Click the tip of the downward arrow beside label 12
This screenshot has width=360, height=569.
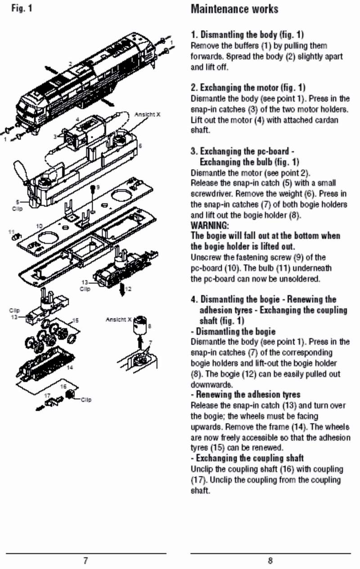[x=122, y=296]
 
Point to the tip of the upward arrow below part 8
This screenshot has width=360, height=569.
[x=139, y=336]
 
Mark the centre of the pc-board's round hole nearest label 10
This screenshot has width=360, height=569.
[x=48, y=238]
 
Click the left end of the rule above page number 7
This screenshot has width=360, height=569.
[x=6, y=553]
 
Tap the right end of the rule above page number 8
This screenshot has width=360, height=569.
[x=351, y=553]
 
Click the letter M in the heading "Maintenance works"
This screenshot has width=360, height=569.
[x=195, y=9]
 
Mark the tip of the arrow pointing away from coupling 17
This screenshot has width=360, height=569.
[x=36, y=409]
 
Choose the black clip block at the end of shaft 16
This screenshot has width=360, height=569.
[x=70, y=394]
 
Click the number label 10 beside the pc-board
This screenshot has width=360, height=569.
[x=39, y=226]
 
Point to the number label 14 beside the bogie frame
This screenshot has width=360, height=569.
[x=70, y=367]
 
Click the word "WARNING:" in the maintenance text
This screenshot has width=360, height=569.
[x=210, y=225]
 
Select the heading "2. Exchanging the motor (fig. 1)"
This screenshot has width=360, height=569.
[x=248, y=88]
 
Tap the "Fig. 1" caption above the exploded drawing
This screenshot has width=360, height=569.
[x=22, y=9]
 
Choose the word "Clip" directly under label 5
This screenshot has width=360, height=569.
[x=18, y=209]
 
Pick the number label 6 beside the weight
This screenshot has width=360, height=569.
[x=140, y=146]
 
